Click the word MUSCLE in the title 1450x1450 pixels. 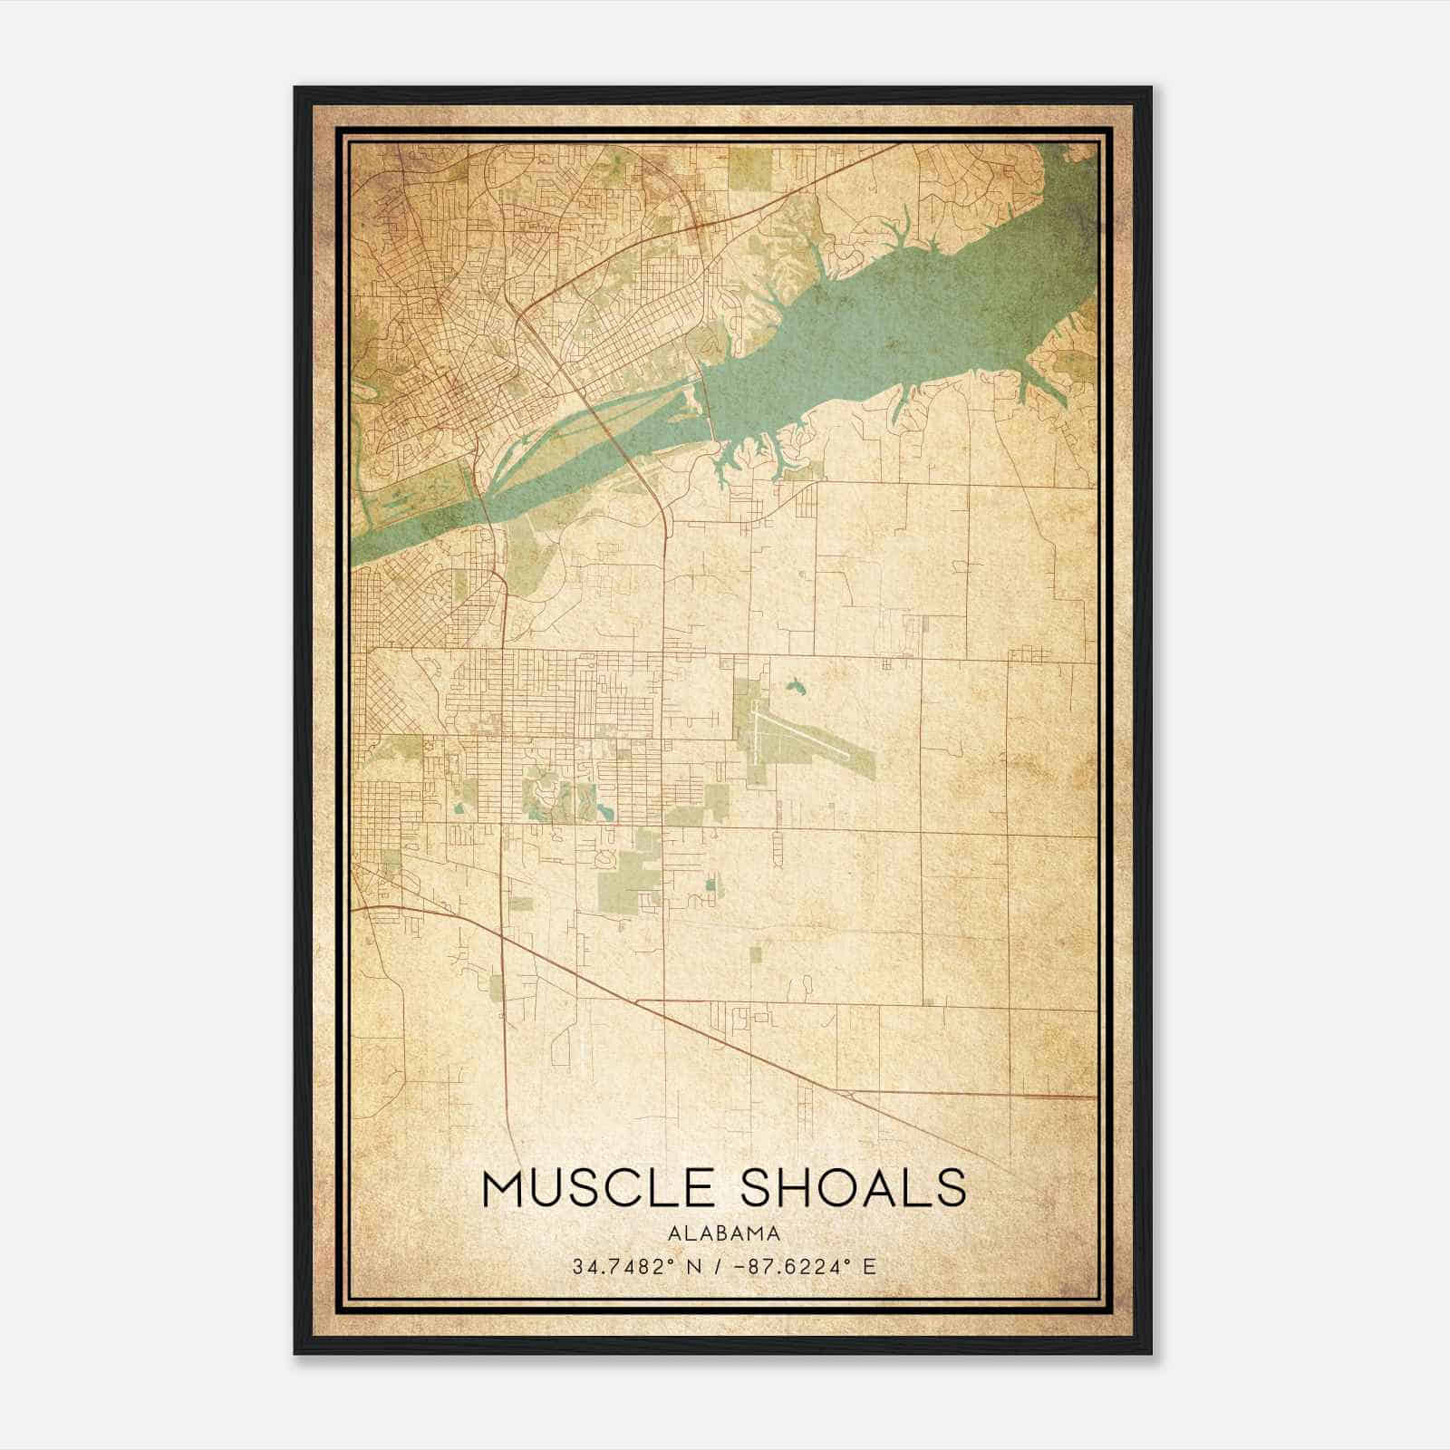tap(599, 1188)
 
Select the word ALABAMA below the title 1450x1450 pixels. tap(724, 1233)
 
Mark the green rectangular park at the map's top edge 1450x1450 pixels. tap(749, 165)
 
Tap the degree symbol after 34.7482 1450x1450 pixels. tap(671, 1261)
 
